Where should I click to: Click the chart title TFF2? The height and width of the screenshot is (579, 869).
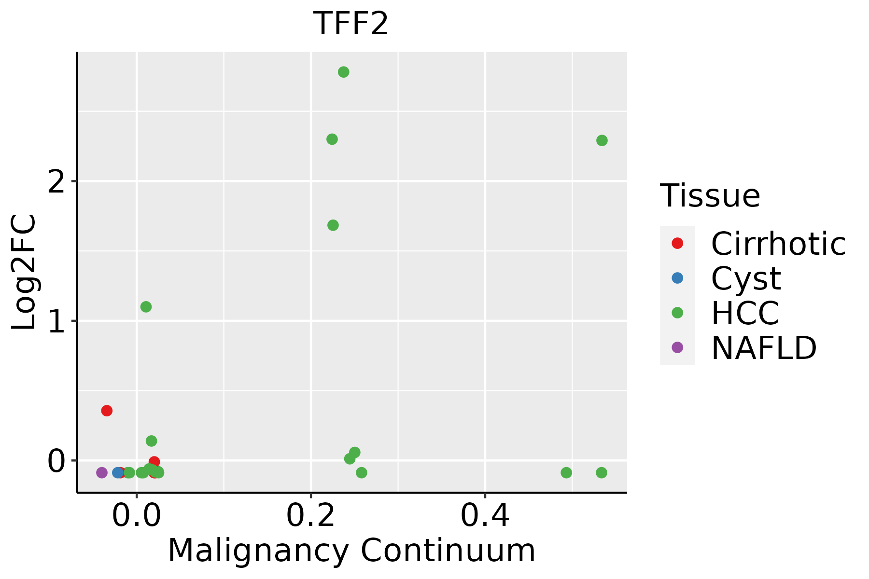pos(350,24)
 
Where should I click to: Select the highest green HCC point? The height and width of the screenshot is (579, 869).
pos(344,72)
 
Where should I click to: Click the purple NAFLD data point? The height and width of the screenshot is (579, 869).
pos(102,472)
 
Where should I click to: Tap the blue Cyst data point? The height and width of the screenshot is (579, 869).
pos(118,472)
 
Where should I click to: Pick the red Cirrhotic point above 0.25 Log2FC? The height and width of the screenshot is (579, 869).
pos(107,411)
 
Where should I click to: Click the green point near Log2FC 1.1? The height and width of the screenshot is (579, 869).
pos(146,307)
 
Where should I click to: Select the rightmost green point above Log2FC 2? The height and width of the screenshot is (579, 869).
pos(602,140)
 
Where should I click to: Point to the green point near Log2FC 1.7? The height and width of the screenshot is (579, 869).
pos(333,225)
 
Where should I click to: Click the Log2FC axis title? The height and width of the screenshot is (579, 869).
pos(24,273)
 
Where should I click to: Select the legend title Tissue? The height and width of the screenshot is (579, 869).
pos(710,196)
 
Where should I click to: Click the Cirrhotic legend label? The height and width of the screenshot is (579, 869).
pos(778,244)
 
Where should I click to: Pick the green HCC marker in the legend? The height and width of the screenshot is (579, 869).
pos(677,313)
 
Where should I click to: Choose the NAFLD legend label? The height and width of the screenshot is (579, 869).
pos(764,348)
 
